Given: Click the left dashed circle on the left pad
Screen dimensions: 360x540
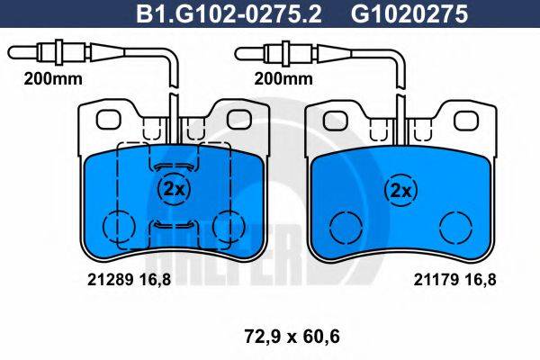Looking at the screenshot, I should click(x=116, y=226).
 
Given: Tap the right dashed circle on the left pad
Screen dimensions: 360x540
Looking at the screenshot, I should click(x=230, y=226).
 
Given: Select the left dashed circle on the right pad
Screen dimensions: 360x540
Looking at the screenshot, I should click(x=342, y=227).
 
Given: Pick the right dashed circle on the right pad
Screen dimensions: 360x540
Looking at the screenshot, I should click(x=456, y=227).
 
